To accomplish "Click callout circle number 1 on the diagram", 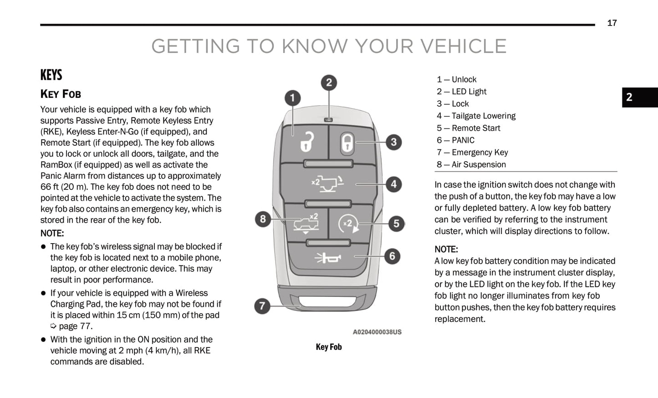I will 292,98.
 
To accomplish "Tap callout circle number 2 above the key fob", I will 329,83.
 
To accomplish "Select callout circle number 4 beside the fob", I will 393,184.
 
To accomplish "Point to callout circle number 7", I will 262,306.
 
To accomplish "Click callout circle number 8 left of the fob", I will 263,219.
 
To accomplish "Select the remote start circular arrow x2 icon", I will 348,224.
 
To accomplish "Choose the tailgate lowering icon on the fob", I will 328,183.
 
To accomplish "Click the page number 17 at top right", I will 612,23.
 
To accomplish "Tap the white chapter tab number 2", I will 629,97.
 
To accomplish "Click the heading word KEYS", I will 51,75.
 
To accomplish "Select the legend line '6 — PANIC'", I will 455,140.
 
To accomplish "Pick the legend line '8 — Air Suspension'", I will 471,164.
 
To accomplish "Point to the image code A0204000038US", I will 377,332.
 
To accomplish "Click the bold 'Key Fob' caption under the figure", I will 329,347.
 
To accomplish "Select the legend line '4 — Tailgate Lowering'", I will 476,116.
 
